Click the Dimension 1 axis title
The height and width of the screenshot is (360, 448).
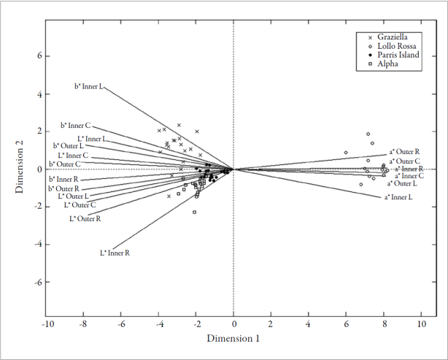point(233,339)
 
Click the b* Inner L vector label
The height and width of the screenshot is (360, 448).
point(89,86)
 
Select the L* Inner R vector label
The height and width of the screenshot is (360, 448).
point(115,253)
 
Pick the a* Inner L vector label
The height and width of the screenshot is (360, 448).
point(399,197)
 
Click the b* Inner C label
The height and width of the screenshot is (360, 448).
point(76,126)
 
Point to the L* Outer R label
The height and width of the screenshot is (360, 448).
point(85,218)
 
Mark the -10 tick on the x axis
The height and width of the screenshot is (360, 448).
point(47,323)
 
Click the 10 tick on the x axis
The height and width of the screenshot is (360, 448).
point(421,323)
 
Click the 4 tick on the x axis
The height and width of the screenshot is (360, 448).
point(309,323)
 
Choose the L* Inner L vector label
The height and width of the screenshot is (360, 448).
point(92,139)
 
